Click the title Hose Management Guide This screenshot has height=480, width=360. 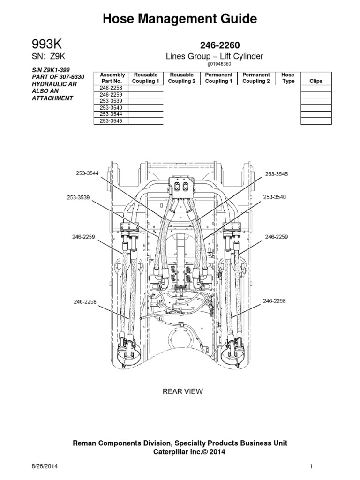tap(180, 19)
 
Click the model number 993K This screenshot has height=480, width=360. tap(46, 45)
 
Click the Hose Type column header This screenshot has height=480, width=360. tap(287, 78)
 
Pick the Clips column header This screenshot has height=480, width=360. tap(316, 81)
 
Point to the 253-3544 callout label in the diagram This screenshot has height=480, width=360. tap(88, 173)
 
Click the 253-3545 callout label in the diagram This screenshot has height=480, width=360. tap(276, 174)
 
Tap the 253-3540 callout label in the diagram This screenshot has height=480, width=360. tap(274, 197)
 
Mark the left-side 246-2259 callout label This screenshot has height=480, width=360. tap(83, 237)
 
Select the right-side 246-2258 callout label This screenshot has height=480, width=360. tap(274, 300)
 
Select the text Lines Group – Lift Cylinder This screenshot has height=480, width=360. tap(215, 56)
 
